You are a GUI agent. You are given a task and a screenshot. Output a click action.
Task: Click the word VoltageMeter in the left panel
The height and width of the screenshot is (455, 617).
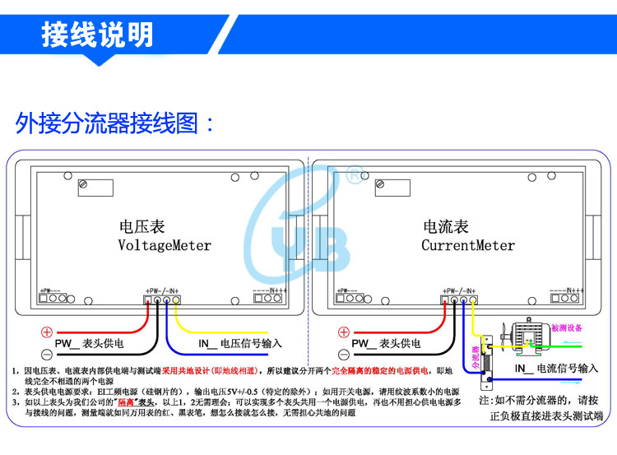[x=165, y=245]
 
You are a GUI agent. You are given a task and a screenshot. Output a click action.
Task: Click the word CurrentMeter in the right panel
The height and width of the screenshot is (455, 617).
[x=468, y=245]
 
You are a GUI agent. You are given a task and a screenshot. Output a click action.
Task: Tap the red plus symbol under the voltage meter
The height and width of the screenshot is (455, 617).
[x=47, y=332]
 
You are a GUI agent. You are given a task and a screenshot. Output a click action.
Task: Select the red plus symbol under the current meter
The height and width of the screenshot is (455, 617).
[x=344, y=332]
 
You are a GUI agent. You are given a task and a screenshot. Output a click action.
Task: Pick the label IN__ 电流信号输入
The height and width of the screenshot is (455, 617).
[x=556, y=369]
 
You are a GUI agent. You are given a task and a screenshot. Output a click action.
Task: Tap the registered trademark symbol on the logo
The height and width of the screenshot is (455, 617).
[x=353, y=175]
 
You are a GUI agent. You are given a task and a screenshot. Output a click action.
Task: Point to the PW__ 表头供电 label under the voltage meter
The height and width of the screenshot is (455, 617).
[x=90, y=344]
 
